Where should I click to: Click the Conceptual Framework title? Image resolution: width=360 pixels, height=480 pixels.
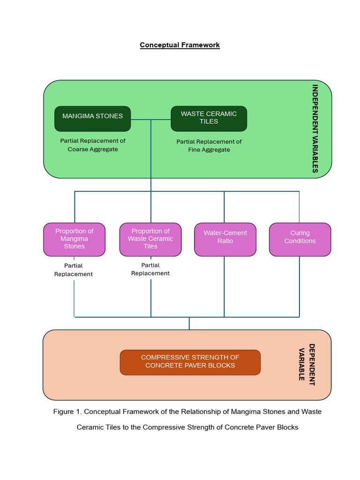[x=180, y=45]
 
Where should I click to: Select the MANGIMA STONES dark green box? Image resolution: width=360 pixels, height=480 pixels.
[x=93, y=118]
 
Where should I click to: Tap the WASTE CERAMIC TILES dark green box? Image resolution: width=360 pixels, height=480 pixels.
[x=209, y=118]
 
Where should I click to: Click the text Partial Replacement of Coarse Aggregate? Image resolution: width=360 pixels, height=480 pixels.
[x=93, y=145]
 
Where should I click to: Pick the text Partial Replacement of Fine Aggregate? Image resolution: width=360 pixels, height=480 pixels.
[x=209, y=145]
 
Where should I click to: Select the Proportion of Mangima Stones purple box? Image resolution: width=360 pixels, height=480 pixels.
[x=74, y=239]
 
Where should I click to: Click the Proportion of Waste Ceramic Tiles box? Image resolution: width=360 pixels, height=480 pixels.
[x=150, y=239]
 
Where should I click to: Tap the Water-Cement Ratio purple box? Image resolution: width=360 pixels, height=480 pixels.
[x=225, y=239]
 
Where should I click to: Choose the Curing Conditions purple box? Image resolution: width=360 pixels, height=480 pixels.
[x=300, y=239]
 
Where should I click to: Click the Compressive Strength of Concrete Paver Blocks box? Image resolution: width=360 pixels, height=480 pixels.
[x=190, y=362]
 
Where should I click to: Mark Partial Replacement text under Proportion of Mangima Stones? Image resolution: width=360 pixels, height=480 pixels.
[x=74, y=270]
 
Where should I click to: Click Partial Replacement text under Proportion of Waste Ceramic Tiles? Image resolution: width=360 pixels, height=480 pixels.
[x=150, y=270]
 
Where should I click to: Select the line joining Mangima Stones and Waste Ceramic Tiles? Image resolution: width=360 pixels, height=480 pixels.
[x=150, y=120]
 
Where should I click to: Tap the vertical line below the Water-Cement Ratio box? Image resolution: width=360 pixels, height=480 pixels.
[x=225, y=286]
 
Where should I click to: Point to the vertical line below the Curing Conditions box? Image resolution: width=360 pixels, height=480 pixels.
[x=300, y=286]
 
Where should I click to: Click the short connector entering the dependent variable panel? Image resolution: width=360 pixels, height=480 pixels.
[x=189, y=323]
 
